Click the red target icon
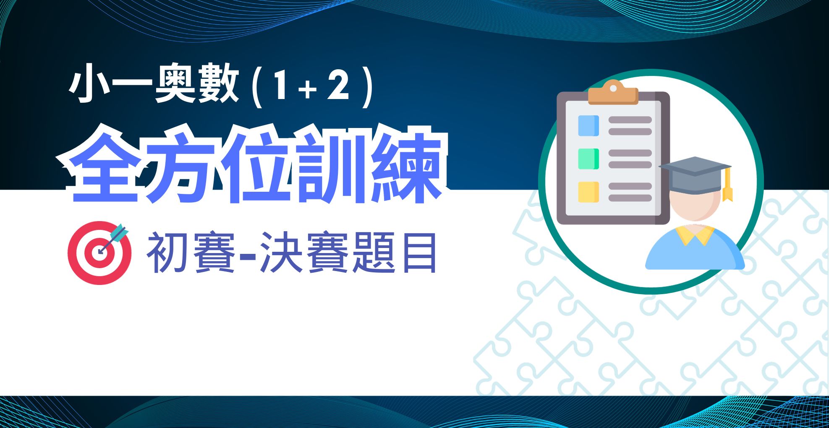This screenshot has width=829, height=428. coord(99,253)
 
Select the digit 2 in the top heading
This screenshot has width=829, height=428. coord(338,85)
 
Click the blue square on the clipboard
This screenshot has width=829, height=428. coord(588,125)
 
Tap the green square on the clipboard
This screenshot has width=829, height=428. coord(588,159)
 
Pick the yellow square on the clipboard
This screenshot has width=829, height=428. coord(588,192)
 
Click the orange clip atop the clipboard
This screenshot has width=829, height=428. coord(613,93)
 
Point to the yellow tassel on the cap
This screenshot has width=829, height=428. coord(727,185)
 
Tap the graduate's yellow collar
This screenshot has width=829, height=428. coord(695,235)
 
